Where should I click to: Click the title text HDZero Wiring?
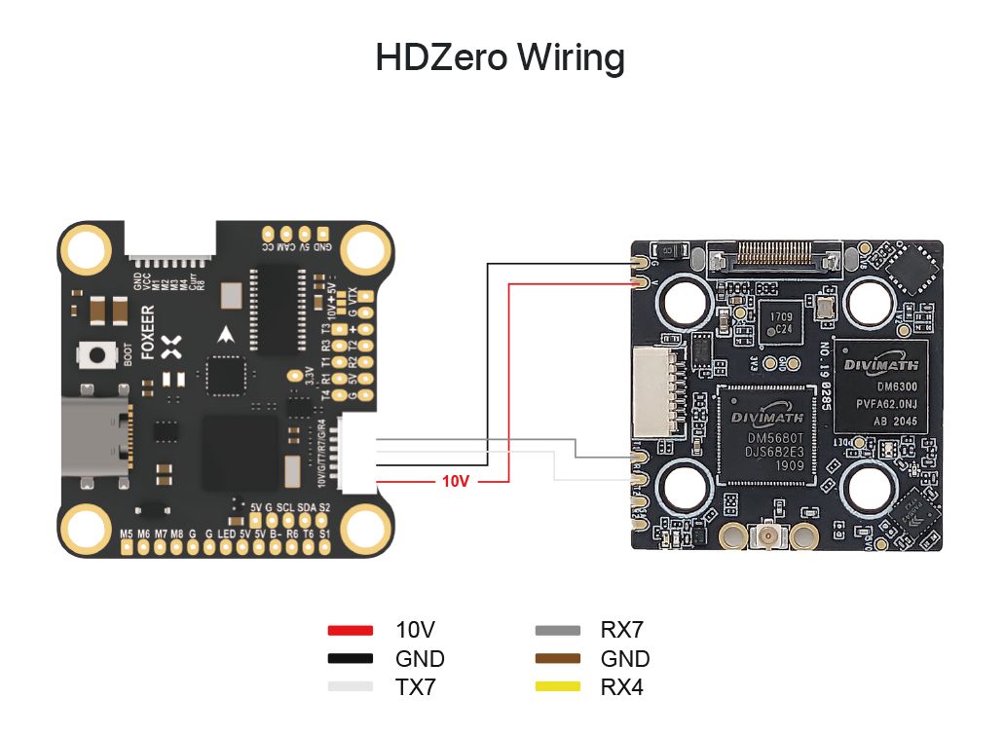coord(501,58)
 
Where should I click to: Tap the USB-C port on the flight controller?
coord(94,438)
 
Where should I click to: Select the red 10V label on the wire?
coord(456,481)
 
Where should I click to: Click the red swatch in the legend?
coord(351,631)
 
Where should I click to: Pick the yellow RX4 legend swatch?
coord(558,687)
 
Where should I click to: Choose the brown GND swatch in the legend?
coord(558,659)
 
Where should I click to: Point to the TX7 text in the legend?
coord(416,687)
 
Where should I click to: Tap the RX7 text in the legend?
coord(622,631)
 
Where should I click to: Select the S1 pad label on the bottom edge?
coord(324,533)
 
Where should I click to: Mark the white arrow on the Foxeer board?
coord(227,335)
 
